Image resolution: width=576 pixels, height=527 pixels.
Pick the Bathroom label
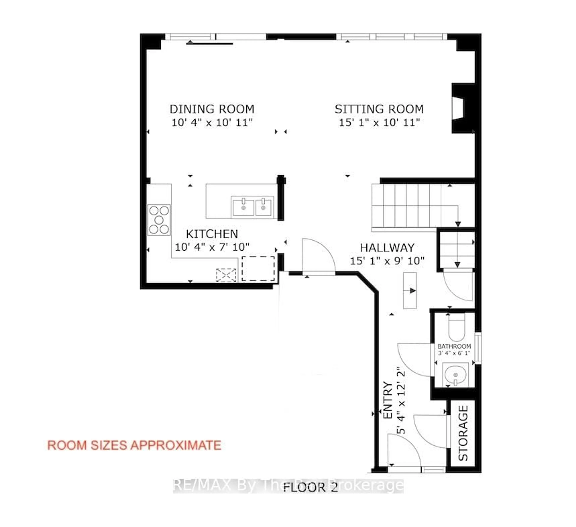(x=454, y=346)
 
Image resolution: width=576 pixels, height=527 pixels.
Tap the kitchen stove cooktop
(x=159, y=220)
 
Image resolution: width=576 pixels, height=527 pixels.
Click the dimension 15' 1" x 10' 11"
(x=379, y=123)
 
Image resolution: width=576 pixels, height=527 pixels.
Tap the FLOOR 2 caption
(x=310, y=487)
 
